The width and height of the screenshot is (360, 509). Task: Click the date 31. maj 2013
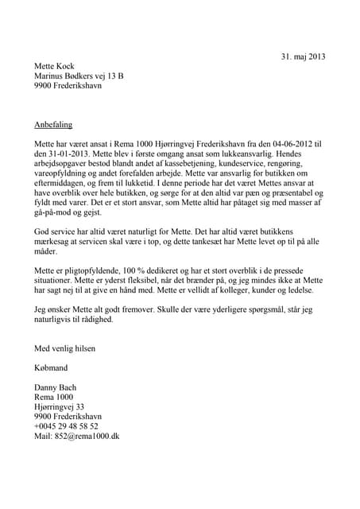coord(303,56)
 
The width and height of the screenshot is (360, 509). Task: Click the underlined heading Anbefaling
coord(55,125)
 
